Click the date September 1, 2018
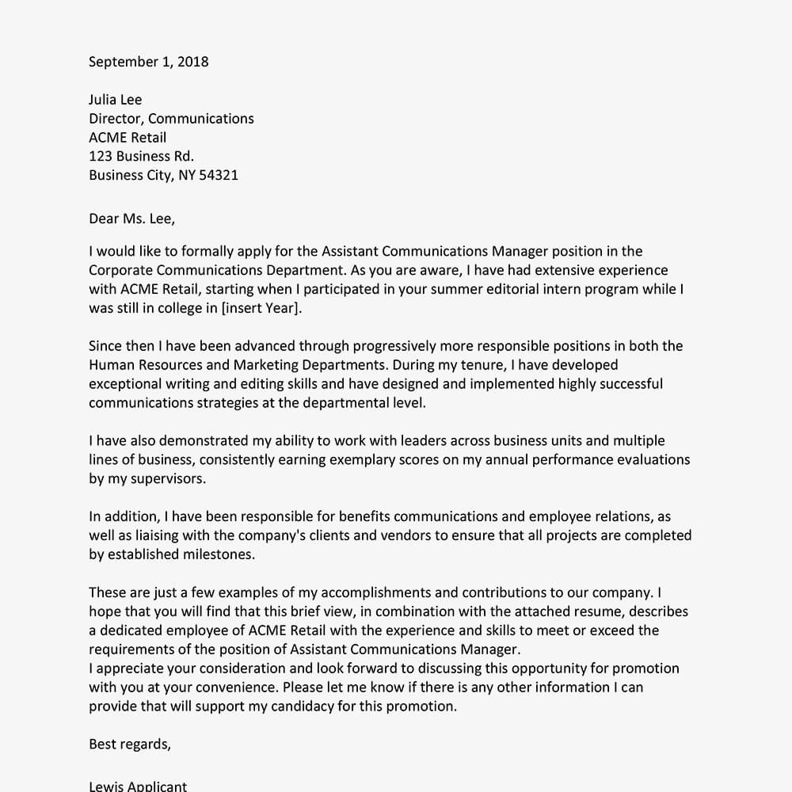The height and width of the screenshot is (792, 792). [x=148, y=62]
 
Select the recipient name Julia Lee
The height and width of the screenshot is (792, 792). [x=115, y=100]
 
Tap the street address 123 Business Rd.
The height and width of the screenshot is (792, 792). [x=141, y=157]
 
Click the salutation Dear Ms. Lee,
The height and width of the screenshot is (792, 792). [x=131, y=219]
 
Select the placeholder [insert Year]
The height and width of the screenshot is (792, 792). [x=261, y=309]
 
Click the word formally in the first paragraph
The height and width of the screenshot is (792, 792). [x=207, y=252]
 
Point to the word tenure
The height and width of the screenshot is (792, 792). [x=482, y=365]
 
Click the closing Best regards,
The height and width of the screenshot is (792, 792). [x=129, y=744]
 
